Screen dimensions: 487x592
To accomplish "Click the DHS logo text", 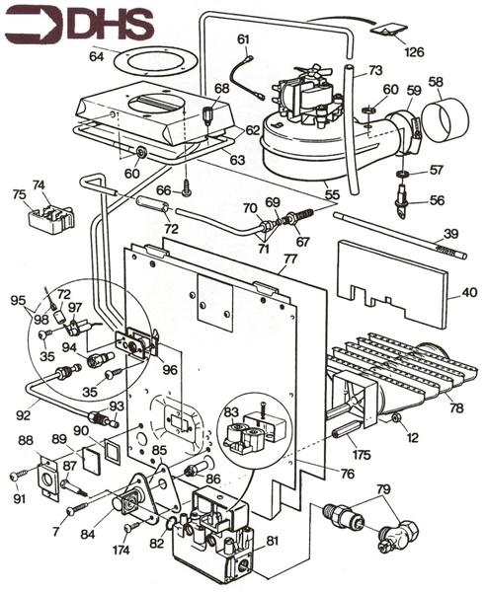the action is pos(111,25).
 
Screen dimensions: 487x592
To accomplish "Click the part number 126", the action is pos(414,51).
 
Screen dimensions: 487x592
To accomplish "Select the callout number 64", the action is pos(97,56).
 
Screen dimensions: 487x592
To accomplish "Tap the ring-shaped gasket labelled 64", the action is pos(155,61).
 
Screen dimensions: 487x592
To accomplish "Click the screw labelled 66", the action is pos(187,191).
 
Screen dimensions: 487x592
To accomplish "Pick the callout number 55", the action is pos(332,194).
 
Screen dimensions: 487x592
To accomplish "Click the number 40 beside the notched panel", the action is pos(469,292).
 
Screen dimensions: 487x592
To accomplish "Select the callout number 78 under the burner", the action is pos(456,407).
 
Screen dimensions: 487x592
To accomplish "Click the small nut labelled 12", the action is pos(397,417).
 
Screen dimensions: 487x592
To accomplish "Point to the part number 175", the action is pos(362,455).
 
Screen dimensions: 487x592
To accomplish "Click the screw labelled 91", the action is pos(18,477).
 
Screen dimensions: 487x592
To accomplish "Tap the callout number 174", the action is pos(121,551).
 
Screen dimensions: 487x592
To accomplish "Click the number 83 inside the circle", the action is pos(231,411).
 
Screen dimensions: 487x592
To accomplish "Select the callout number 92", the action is pos(23,415).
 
